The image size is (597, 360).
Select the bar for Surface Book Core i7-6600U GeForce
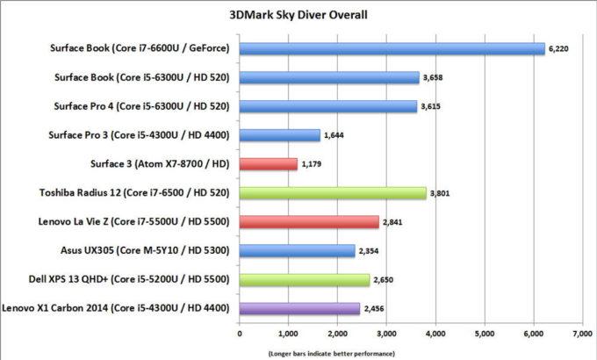tap(392, 49)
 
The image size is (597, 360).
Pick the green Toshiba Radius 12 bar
tap(333, 193)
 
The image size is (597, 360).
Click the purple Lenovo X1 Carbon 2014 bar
tap(299, 308)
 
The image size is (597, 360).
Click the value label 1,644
tap(334, 136)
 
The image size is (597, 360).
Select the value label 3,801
tap(440, 194)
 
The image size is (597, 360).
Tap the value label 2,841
tap(392, 222)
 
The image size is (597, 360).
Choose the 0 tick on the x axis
tap(239, 334)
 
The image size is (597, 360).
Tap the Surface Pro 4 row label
tap(142, 107)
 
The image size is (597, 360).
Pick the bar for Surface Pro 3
tap(279, 135)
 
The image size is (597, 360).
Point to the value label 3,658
tap(433, 78)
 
